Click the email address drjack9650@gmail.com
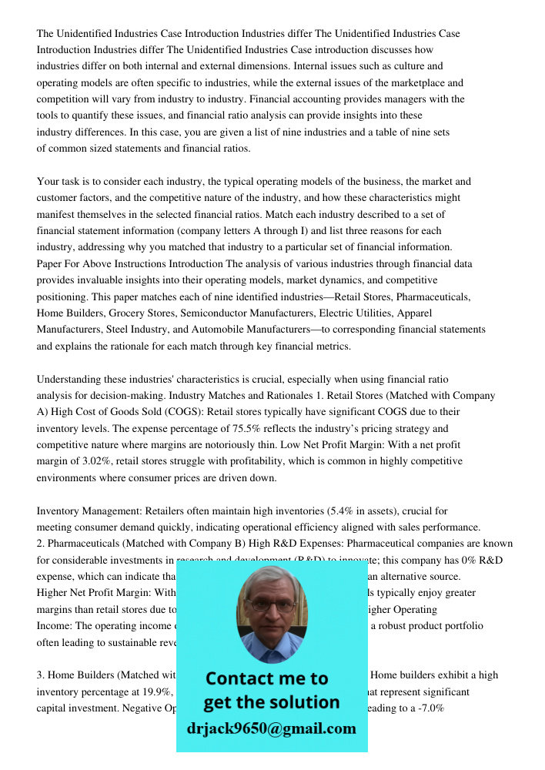tap(272, 728)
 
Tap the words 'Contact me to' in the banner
tap(266, 678)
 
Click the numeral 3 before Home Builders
tap(40, 675)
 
